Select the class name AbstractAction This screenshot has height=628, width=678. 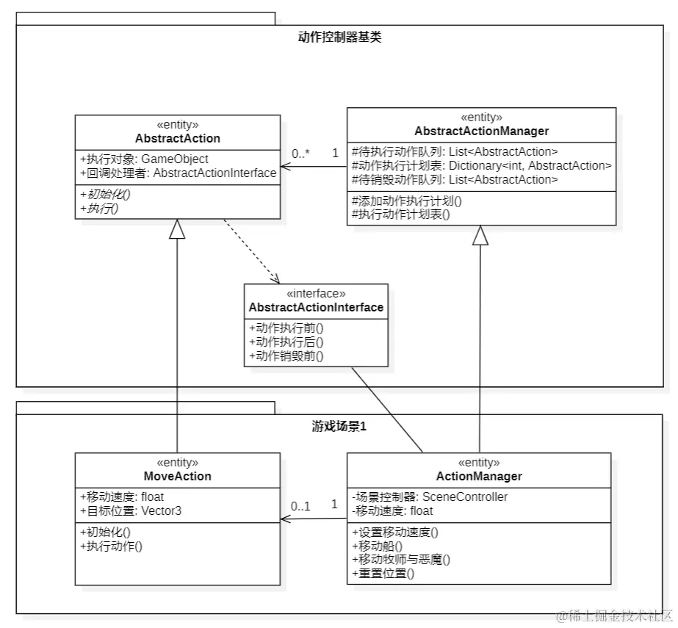177,138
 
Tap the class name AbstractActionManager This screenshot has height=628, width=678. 481,131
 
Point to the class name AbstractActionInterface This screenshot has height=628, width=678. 316,307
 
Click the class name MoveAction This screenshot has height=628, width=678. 177,476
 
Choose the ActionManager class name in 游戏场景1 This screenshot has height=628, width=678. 479,476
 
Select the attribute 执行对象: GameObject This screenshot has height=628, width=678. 143,159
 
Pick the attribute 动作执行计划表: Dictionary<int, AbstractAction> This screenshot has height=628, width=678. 482,166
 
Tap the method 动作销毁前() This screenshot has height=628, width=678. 286,356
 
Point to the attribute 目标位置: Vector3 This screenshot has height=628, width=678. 130,510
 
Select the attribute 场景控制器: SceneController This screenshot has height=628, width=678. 430,497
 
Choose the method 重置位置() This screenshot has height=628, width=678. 383,573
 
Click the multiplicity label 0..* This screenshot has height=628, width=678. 300,154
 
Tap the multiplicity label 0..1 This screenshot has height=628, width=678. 300,506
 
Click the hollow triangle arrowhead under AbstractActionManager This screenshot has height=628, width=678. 480,235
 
